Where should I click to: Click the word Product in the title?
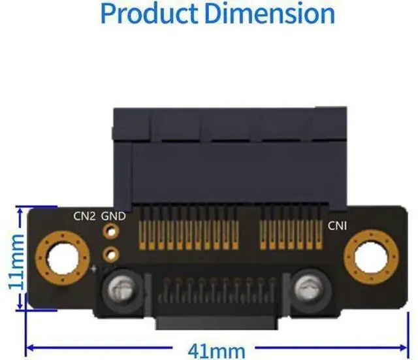click(150, 14)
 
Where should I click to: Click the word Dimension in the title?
click(270, 14)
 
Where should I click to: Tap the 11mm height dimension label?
click(16, 261)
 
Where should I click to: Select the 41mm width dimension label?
click(216, 352)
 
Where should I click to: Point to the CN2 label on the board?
click(84, 216)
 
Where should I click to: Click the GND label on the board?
click(113, 216)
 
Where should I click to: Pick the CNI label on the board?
click(337, 225)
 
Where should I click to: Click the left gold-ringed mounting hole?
click(63, 258)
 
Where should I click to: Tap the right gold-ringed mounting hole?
click(371, 257)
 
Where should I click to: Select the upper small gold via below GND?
click(111, 231)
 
